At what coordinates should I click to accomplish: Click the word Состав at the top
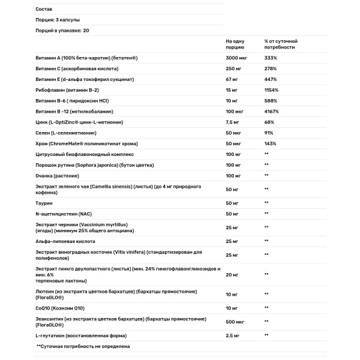pos(44,8)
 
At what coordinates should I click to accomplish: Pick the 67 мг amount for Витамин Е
pos(232,79)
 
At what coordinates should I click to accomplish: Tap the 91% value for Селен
pos(269,133)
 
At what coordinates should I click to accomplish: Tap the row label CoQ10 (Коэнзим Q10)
pos(59,308)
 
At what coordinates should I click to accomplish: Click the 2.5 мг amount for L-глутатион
pos(233,335)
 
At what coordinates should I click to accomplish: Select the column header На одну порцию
pos(235,43)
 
